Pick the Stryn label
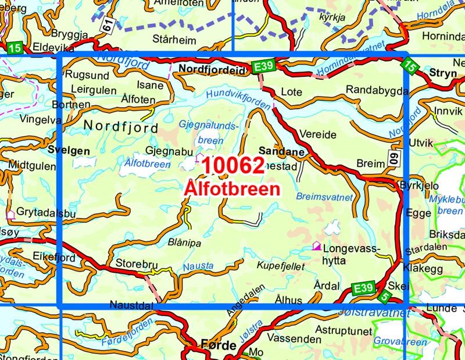[445, 73]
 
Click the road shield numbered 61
[106, 24]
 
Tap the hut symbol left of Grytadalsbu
[10, 215]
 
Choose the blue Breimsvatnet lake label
[324, 197]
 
